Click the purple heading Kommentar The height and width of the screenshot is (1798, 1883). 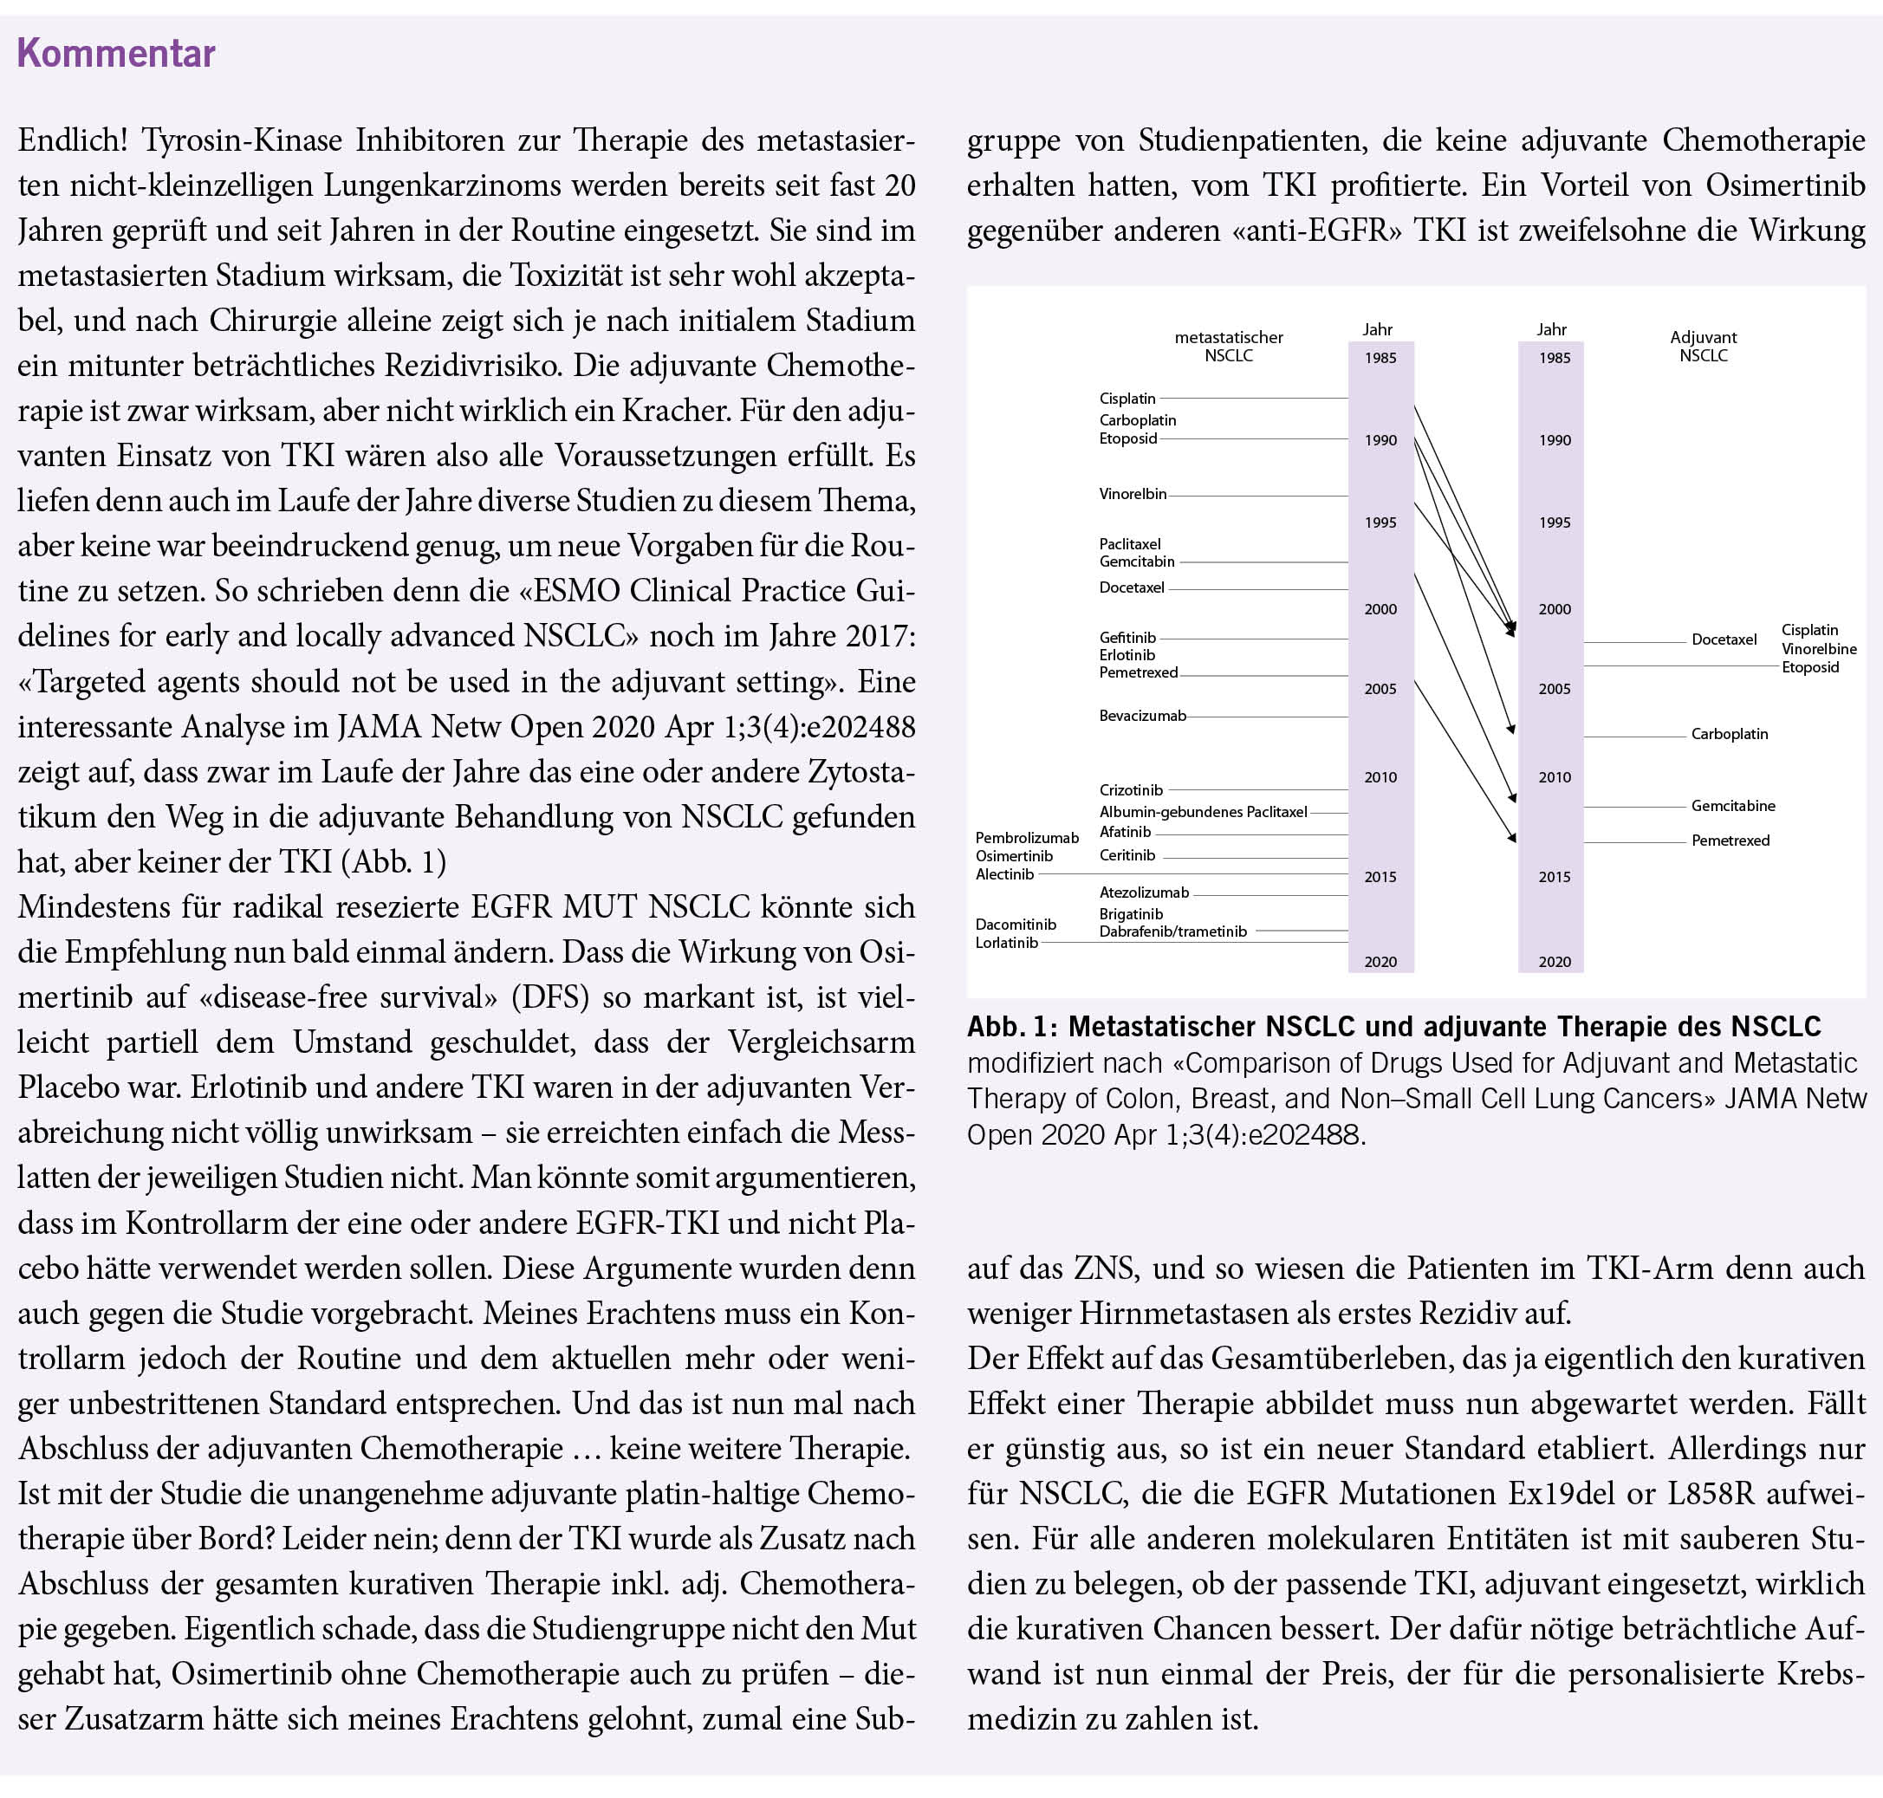point(116,53)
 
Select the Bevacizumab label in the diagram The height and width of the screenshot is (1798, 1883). point(1142,716)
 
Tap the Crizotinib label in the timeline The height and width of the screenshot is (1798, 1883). point(1131,789)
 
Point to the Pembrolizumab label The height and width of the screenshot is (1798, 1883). point(1026,838)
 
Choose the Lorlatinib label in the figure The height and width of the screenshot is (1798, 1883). point(1006,943)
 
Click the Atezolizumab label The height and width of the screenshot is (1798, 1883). point(1143,893)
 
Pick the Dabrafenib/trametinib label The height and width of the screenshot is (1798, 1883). point(1173,931)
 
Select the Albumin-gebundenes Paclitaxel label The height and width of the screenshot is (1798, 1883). point(1203,812)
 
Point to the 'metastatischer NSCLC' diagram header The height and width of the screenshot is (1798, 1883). point(1229,346)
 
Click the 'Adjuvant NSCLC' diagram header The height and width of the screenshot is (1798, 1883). point(1703,346)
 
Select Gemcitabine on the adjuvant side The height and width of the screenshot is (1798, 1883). point(1732,806)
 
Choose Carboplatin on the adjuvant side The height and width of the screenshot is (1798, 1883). point(1729,734)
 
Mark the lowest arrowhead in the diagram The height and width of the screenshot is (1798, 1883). point(1513,839)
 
